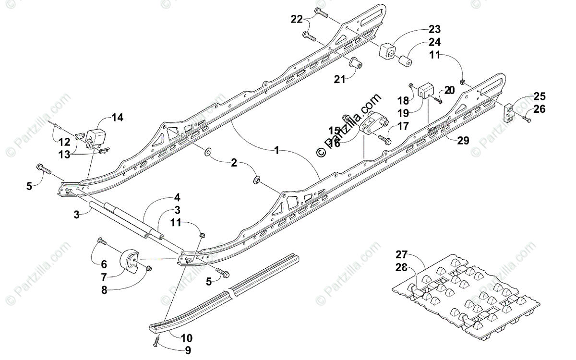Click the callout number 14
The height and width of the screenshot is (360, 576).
coord(118,117)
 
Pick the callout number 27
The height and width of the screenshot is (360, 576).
coord(401,254)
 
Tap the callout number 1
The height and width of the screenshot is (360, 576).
coord(276,150)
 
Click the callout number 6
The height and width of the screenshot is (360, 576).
coord(104,264)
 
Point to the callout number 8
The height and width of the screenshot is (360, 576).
coord(104,289)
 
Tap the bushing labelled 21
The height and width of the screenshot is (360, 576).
coord(356,63)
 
